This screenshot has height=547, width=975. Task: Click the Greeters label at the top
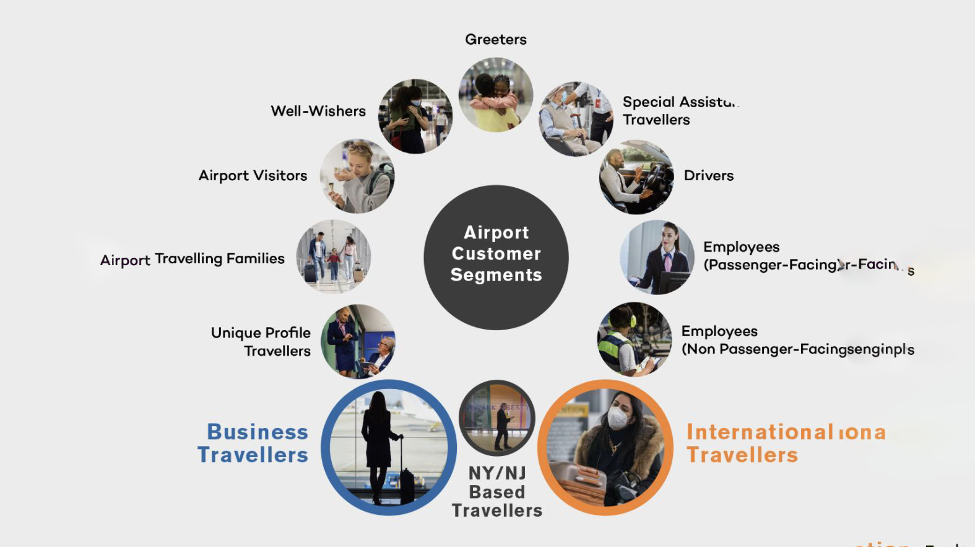tap(495, 40)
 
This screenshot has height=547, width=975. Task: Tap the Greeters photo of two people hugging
tap(495, 95)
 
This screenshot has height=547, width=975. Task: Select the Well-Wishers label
tap(318, 111)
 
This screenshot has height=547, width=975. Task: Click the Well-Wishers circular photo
tap(415, 116)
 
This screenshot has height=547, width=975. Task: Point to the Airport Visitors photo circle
tap(357, 176)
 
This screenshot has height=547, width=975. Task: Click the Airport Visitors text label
tap(253, 176)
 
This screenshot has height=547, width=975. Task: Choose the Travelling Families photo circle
tap(333, 256)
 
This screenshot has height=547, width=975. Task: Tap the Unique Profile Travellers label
tap(261, 341)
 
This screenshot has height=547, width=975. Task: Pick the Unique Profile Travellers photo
tap(358, 341)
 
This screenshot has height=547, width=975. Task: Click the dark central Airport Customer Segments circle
tap(496, 257)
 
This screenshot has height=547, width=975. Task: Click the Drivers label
tap(708, 176)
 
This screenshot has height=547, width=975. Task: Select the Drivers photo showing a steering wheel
tap(636, 177)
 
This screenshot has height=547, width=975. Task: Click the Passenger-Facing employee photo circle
tap(657, 257)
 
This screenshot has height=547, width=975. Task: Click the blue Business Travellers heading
tap(254, 443)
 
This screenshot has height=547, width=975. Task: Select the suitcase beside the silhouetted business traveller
tap(407, 485)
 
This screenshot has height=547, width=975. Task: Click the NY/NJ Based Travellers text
tap(497, 491)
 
